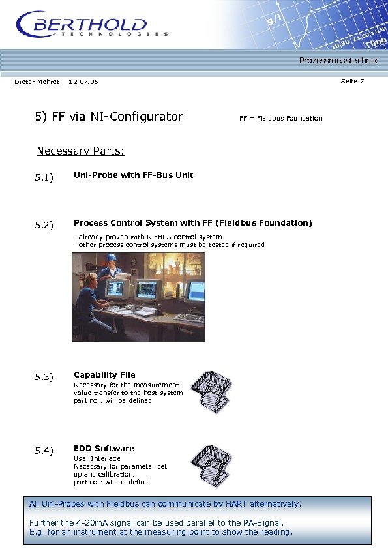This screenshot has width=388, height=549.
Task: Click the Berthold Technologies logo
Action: point(91,26)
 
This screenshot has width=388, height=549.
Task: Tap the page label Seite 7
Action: point(352,81)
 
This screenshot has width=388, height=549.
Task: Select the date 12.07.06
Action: point(83,82)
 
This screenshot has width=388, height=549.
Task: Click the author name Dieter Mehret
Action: point(37,82)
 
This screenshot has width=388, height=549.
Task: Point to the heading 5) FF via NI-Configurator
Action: point(109,117)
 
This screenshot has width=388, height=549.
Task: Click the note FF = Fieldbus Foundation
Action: point(280,118)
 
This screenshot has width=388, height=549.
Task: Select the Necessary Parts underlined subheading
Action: point(80,151)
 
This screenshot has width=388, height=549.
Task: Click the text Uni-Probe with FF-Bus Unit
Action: point(133,175)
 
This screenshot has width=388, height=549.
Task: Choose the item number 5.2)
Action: point(44,226)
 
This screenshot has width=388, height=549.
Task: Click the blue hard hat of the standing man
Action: point(111,258)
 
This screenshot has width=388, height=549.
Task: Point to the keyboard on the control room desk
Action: point(189,318)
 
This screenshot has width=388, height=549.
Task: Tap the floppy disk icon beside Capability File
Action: point(210,391)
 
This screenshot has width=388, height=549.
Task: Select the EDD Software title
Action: point(104,449)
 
